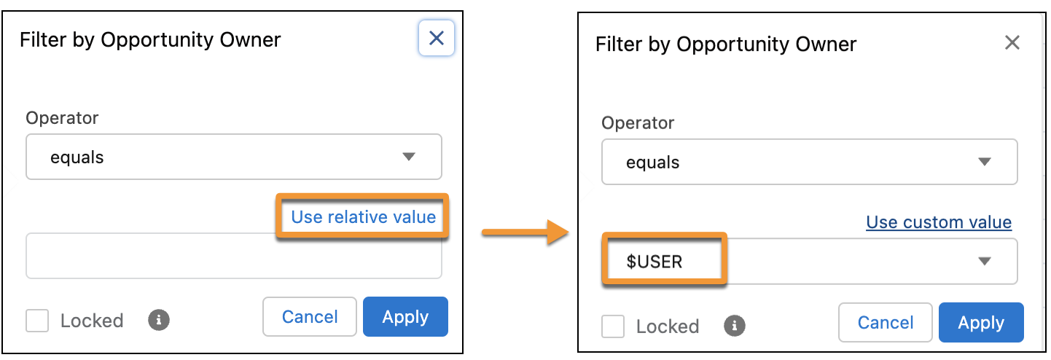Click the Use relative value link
tap(363, 217)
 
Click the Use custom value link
tap(939, 222)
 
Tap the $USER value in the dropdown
tap(654, 262)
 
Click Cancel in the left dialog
tap(310, 317)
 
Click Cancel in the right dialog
tap(886, 322)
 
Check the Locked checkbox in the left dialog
tap(37, 321)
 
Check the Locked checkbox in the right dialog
tap(613, 326)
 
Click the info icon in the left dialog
tap(159, 320)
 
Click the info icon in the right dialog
tap(734, 326)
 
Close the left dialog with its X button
tap(437, 38)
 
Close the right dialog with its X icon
tap(1012, 43)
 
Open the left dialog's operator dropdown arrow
tap(409, 157)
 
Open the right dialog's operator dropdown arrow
tap(985, 162)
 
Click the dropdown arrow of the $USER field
tap(985, 261)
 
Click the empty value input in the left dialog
tap(150, 257)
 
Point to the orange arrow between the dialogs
tap(525, 232)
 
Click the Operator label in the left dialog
tap(62, 118)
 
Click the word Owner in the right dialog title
tap(826, 44)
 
